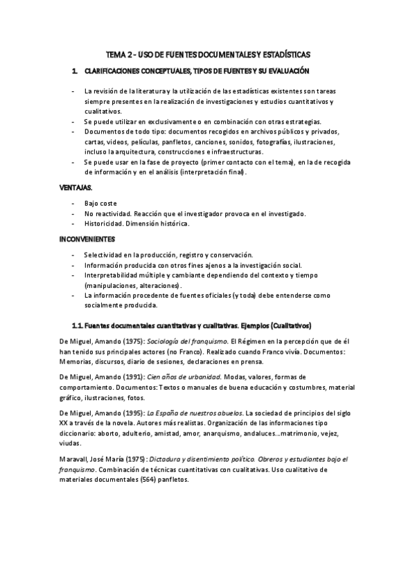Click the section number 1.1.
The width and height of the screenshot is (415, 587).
pyautogui.click(x=78, y=325)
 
